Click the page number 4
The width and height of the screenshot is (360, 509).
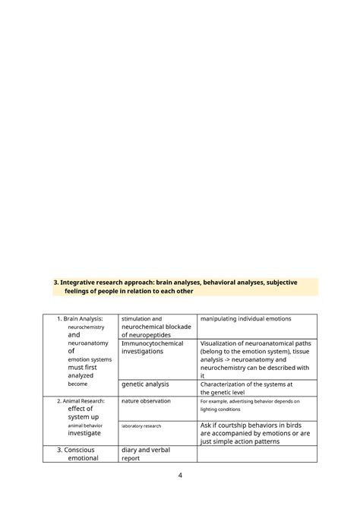pos(180,476)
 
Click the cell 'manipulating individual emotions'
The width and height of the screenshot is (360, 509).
pos(245,319)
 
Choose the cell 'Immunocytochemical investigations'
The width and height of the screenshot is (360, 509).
pos(152,347)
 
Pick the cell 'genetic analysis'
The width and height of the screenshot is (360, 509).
pos(145,384)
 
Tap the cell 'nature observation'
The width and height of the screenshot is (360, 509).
pos(146,400)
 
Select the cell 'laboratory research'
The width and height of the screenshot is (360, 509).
pos(141,425)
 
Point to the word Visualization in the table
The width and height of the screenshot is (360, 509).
pos(223,343)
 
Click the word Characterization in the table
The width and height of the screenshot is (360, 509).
pos(227,384)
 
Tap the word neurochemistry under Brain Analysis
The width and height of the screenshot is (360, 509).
pos(86,327)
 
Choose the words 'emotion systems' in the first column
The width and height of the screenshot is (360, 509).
pos(89,359)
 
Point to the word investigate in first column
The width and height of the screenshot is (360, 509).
pos(84,433)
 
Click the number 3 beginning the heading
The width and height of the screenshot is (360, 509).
pos(55,282)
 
